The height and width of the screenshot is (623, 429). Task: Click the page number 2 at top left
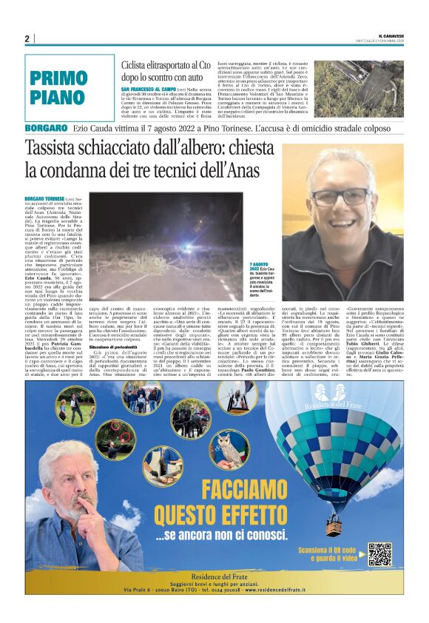pos(27,38)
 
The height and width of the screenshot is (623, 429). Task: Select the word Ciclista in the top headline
pos(140,65)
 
